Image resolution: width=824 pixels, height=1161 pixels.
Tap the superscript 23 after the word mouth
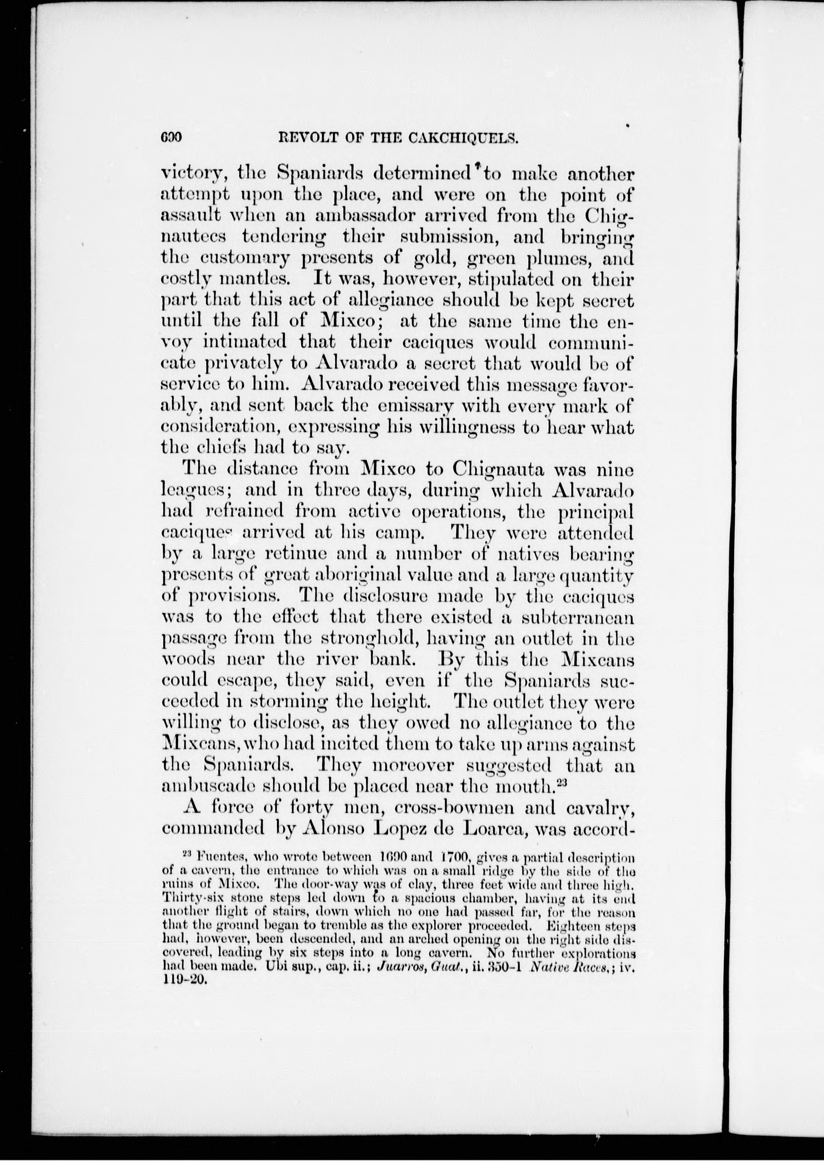[x=562, y=782]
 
